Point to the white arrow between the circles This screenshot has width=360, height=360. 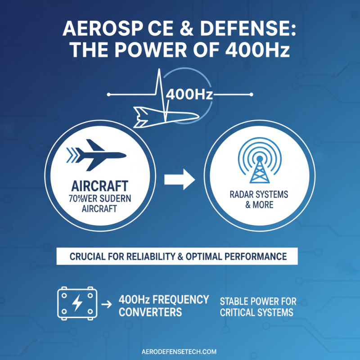click(x=179, y=180)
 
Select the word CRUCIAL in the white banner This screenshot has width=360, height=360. click(x=88, y=256)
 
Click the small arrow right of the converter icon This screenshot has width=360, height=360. click(x=107, y=305)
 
